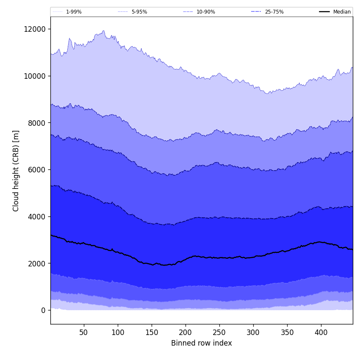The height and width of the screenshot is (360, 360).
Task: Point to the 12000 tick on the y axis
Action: (35, 29)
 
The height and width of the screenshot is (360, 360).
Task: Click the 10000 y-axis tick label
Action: (35, 76)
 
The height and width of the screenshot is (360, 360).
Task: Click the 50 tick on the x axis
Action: (83, 332)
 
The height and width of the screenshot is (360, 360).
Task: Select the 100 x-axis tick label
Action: (118, 332)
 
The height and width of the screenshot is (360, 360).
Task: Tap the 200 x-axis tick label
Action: (186, 332)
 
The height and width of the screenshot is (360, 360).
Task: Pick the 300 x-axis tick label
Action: (253, 332)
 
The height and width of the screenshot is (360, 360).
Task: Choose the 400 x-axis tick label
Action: (321, 332)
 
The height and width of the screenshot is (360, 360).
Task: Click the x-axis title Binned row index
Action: (202, 343)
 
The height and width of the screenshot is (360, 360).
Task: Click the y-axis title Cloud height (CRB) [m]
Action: (16, 171)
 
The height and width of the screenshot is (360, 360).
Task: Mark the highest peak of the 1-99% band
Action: (103, 30)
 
